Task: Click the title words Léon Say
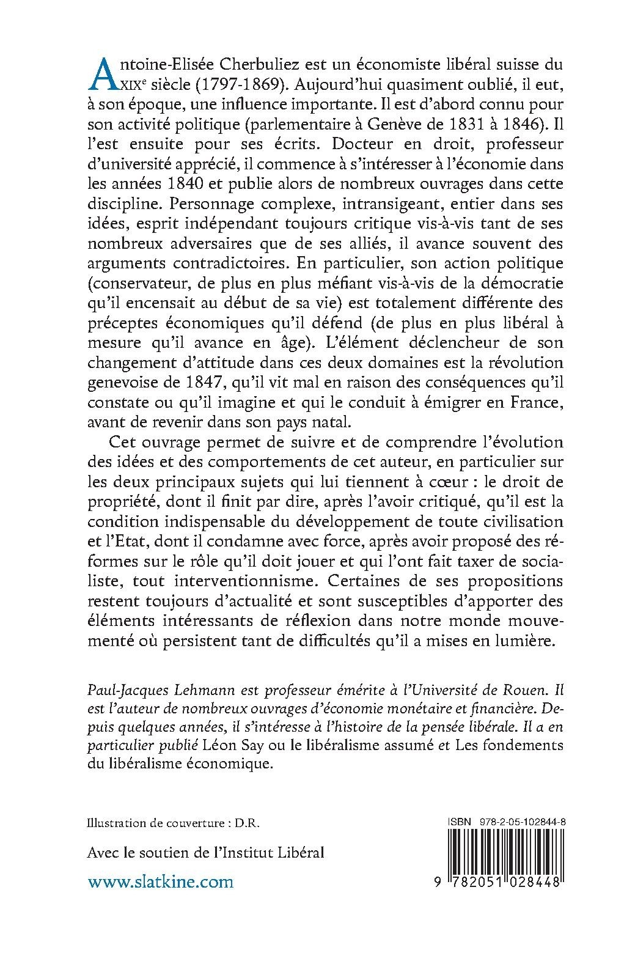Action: coord(222,746)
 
